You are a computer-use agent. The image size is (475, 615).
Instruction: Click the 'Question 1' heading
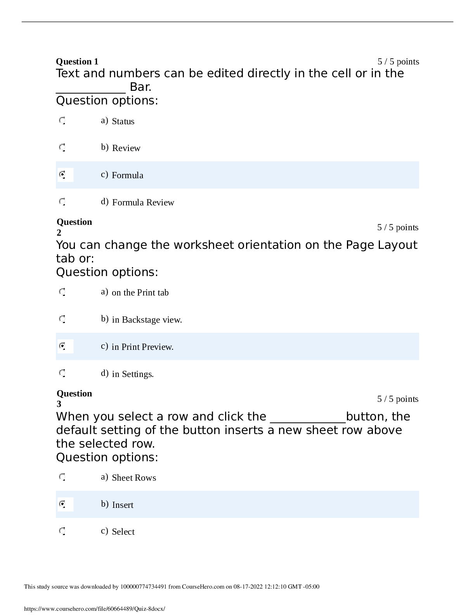click(77, 61)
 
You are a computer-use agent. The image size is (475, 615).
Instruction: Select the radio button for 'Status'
click(62, 121)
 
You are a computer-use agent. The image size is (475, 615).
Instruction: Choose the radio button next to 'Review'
click(62, 148)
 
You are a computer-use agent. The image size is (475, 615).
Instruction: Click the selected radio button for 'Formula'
click(62, 175)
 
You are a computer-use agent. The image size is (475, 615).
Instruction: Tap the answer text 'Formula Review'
click(143, 202)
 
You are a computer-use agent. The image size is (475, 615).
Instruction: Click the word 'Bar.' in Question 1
click(140, 87)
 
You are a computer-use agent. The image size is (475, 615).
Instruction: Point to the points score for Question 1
click(398, 61)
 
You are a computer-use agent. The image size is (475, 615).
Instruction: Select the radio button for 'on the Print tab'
click(62, 292)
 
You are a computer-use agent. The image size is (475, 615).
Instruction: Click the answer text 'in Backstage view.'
click(147, 320)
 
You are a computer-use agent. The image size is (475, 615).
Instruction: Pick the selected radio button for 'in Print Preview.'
click(62, 346)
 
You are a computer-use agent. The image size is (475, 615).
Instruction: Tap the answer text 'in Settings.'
click(133, 374)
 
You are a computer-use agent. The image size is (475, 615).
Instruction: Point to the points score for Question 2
click(398, 227)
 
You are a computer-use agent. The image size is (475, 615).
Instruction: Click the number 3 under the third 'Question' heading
click(59, 404)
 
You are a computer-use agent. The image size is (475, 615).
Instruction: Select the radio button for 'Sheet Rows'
click(62, 477)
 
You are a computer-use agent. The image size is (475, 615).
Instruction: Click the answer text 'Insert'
click(123, 505)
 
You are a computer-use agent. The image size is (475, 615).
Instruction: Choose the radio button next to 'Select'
click(62, 531)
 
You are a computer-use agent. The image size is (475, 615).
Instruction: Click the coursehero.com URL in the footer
click(94, 608)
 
